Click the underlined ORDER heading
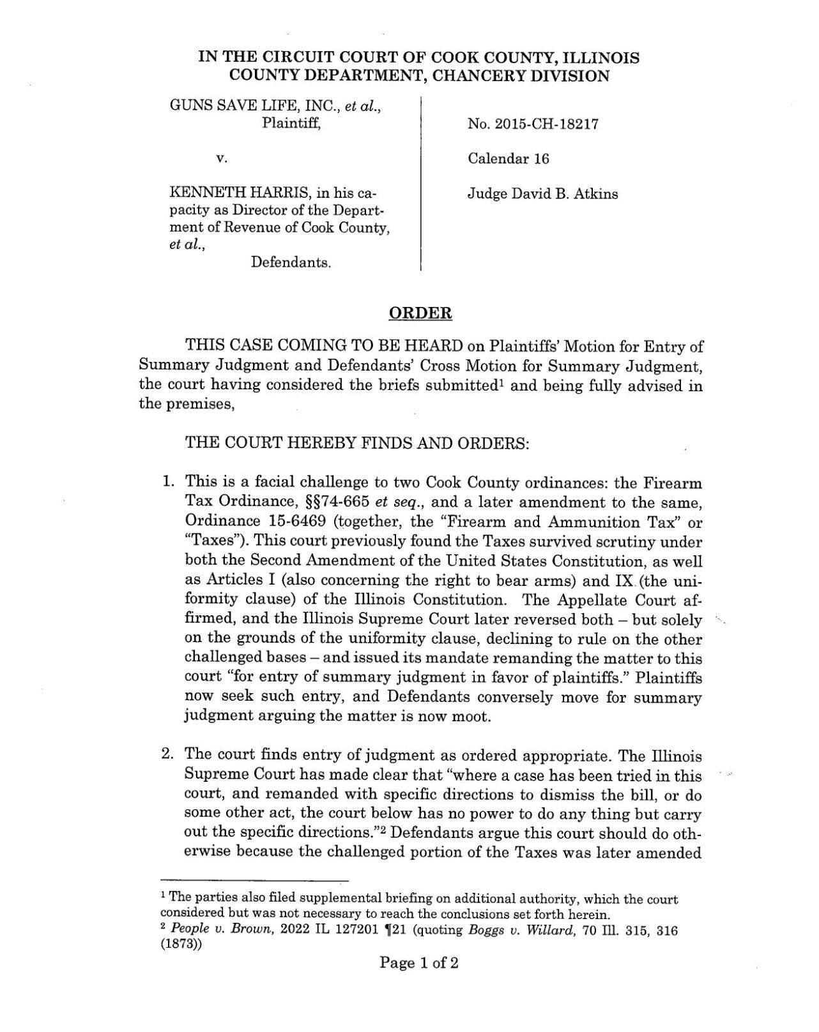420,313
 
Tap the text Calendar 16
508,159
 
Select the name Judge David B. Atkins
542,193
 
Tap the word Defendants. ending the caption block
291,262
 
